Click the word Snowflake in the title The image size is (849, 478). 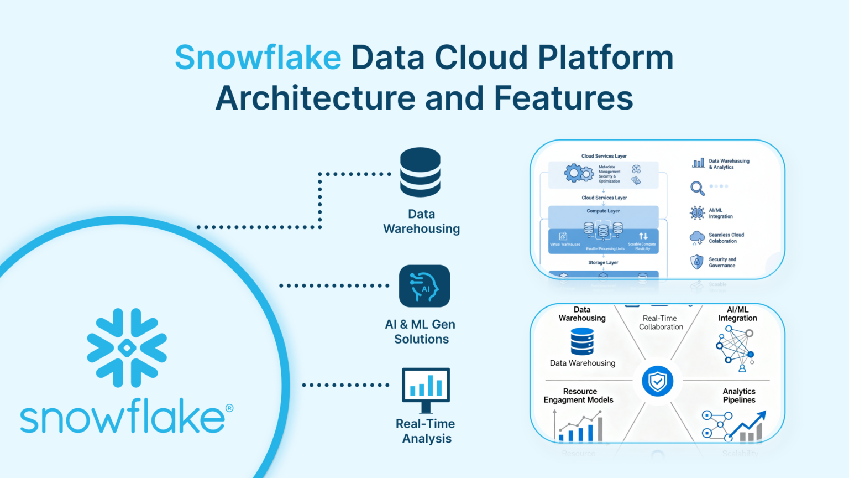point(258,58)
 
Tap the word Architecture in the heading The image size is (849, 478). point(315,98)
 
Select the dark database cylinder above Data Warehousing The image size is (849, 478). point(421,172)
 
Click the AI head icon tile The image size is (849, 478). point(424,286)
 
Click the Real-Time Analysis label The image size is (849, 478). point(426,431)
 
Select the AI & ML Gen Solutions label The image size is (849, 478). point(421,332)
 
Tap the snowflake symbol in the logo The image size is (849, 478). point(127,347)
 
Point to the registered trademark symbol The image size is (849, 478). point(229,408)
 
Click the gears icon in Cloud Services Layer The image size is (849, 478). point(578,173)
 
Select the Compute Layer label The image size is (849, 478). point(603,211)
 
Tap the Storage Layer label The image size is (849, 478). point(603,263)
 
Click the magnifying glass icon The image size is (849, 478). point(697,188)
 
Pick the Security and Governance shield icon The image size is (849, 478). point(697,262)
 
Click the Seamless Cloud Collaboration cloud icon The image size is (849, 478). point(697,238)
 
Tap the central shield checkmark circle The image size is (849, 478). point(657,381)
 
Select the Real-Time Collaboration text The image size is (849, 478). point(661,323)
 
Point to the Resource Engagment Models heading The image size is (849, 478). point(579,396)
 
